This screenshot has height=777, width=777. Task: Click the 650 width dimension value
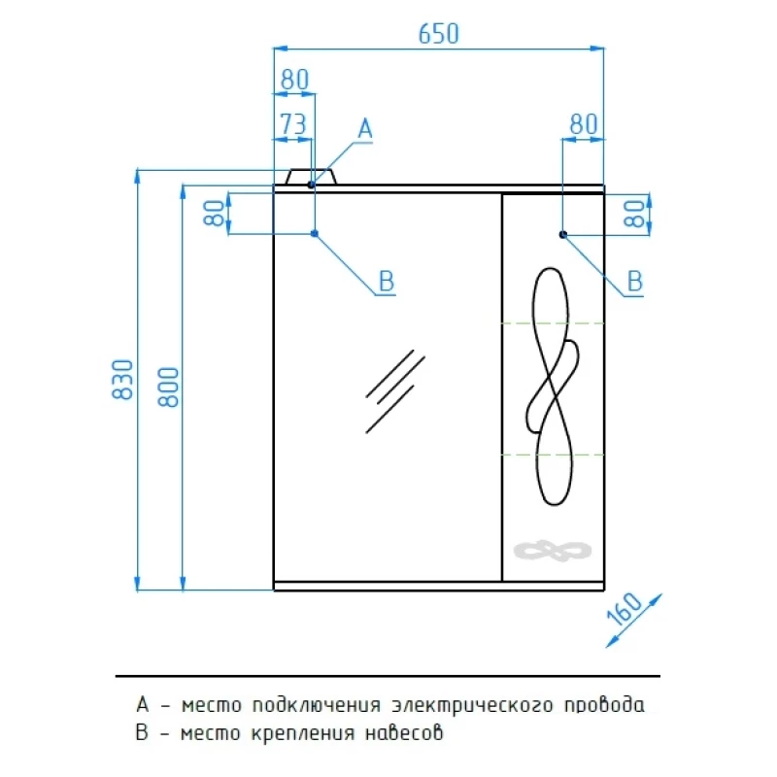[x=439, y=34]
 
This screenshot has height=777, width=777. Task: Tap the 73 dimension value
[x=293, y=123]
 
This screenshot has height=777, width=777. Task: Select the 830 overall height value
[x=122, y=379]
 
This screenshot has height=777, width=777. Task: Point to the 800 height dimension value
[x=168, y=387]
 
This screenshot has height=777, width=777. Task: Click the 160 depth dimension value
[x=625, y=609]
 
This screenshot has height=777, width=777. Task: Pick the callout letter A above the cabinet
[x=365, y=129]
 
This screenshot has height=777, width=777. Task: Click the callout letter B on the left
[x=386, y=281]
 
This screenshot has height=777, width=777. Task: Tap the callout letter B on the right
[x=635, y=281]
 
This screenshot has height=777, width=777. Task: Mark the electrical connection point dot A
[x=311, y=185]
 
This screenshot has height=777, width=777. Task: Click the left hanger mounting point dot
[x=314, y=233]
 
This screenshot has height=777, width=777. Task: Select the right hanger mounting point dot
[x=563, y=234]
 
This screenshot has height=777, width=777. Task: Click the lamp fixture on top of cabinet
[x=311, y=177]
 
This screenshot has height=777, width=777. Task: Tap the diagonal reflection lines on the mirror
[x=395, y=391]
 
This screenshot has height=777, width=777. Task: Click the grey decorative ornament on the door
[x=553, y=551]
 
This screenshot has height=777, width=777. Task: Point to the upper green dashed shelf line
[x=553, y=323]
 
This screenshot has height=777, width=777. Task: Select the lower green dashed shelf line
[x=553, y=455]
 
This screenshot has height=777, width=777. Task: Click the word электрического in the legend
[x=472, y=705]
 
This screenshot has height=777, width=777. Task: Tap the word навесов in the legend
[x=404, y=733]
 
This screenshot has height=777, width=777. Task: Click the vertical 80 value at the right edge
[x=634, y=214]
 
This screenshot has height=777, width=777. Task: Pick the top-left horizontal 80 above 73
[x=294, y=80]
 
